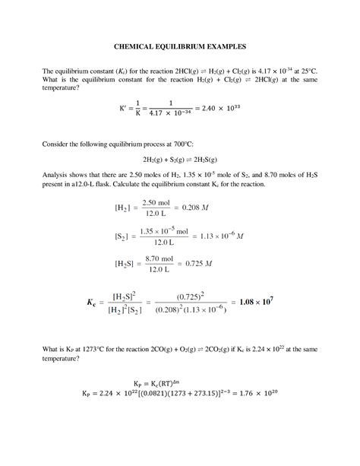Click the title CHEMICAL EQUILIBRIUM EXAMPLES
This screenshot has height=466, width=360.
pos(180,46)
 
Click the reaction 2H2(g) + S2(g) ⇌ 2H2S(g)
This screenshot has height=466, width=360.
pos(180,160)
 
